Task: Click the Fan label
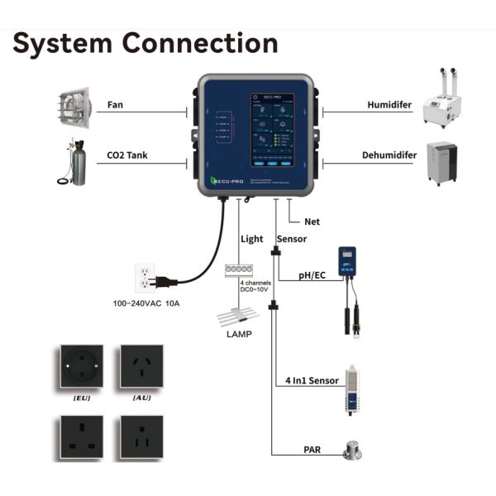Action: point(116,106)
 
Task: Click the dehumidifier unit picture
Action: point(445,164)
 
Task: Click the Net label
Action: point(312,222)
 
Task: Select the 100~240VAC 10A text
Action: point(146,303)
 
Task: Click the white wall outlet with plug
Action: point(145,279)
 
